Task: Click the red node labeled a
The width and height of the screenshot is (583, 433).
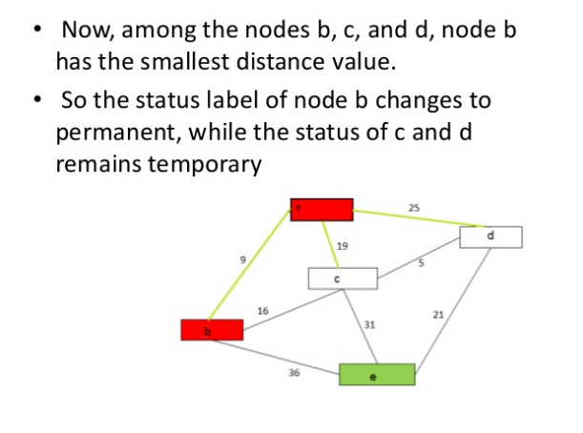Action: pyautogui.click(x=322, y=209)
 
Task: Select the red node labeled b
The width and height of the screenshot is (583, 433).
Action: pyautogui.click(x=212, y=329)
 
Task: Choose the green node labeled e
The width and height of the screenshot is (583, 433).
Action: pyautogui.click(x=377, y=374)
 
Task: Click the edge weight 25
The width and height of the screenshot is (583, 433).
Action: pyautogui.click(x=413, y=207)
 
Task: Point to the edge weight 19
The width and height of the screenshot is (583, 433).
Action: pyautogui.click(x=343, y=246)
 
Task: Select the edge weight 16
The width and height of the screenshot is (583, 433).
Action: pyautogui.click(x=262, y=310)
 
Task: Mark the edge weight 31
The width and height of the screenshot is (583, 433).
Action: pyautogui.click(x=369, y=325)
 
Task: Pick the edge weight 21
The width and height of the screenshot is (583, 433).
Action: pyautogui.click(x=437, y=314)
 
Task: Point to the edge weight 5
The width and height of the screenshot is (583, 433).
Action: pyautogui.click(x=419, y=262)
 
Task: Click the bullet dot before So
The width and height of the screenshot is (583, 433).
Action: pyautogui.click(x=36, y=98)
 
